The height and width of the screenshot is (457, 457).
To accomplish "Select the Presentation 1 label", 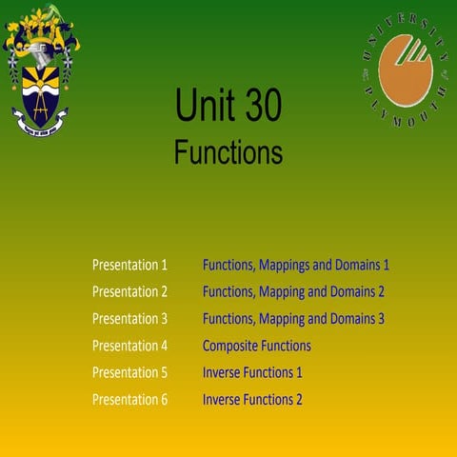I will [129, 265].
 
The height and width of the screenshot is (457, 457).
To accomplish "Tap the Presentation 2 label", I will [129, 291].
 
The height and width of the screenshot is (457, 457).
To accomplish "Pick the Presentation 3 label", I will [129, 318].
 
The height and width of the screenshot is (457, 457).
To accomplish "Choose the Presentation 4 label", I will [129, 346].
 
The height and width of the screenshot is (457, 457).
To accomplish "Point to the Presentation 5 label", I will [129, 372].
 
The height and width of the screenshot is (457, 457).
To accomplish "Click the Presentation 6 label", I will [129, 399].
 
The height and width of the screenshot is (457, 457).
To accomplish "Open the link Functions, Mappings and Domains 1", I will [296, 265].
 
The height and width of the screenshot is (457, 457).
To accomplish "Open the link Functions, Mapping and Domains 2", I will [293, 291].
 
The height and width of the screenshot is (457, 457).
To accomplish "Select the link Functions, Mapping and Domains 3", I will [293, 318].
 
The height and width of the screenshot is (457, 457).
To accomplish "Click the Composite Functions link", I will [257, 346].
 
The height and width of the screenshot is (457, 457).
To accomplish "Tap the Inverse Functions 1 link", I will [252, 372].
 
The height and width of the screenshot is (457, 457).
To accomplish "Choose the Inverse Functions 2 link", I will [252, 399].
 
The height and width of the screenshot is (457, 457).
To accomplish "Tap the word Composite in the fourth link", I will [230, 346].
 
